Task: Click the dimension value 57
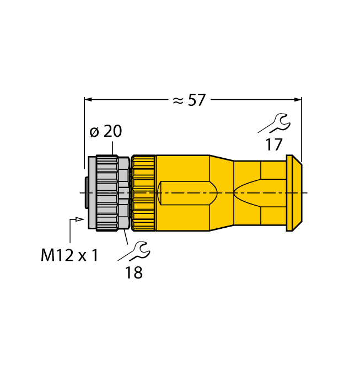tap(196, 100)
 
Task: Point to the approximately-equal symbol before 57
tap(177, 100)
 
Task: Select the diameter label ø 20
tap(105, 131)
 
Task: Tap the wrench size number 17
tap(273, 145)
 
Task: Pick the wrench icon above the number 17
tap(273, 124)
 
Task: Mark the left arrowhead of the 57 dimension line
tap(88, 100)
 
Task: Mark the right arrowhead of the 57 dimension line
tap(298, 100)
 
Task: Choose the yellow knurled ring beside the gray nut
tap(144, 192)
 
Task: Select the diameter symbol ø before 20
tap(94, 132)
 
